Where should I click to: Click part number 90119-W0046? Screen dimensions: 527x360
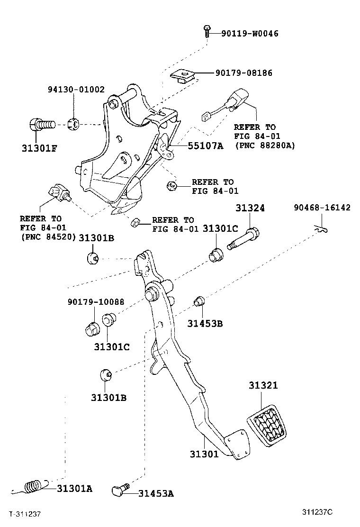tap(250, 34)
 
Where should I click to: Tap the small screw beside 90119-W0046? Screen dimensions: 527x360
tap(207, 31)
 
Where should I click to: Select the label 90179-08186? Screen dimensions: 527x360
tap(244, 73)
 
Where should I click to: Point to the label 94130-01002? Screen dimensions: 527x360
tap(76, 90)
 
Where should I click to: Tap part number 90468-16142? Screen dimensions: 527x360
tap(322, 208)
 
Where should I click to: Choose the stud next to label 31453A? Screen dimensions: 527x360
tap(121, 490)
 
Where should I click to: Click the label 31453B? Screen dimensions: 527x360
tap(205, 324)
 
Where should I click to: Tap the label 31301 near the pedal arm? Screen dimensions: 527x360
tap(204, 454)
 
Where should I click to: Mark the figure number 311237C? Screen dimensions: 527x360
tap(318, 512)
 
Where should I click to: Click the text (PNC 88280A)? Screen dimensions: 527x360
tap(265, 145)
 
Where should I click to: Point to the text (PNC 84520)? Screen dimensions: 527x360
tap(48, 236)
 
